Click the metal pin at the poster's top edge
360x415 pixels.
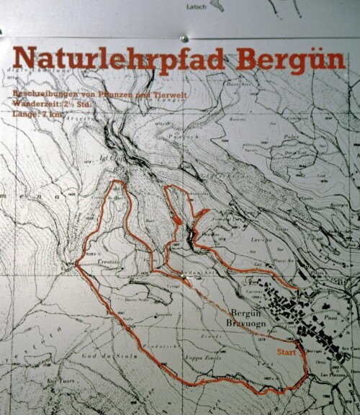click(184, 36)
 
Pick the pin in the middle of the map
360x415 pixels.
click(186, 275)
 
